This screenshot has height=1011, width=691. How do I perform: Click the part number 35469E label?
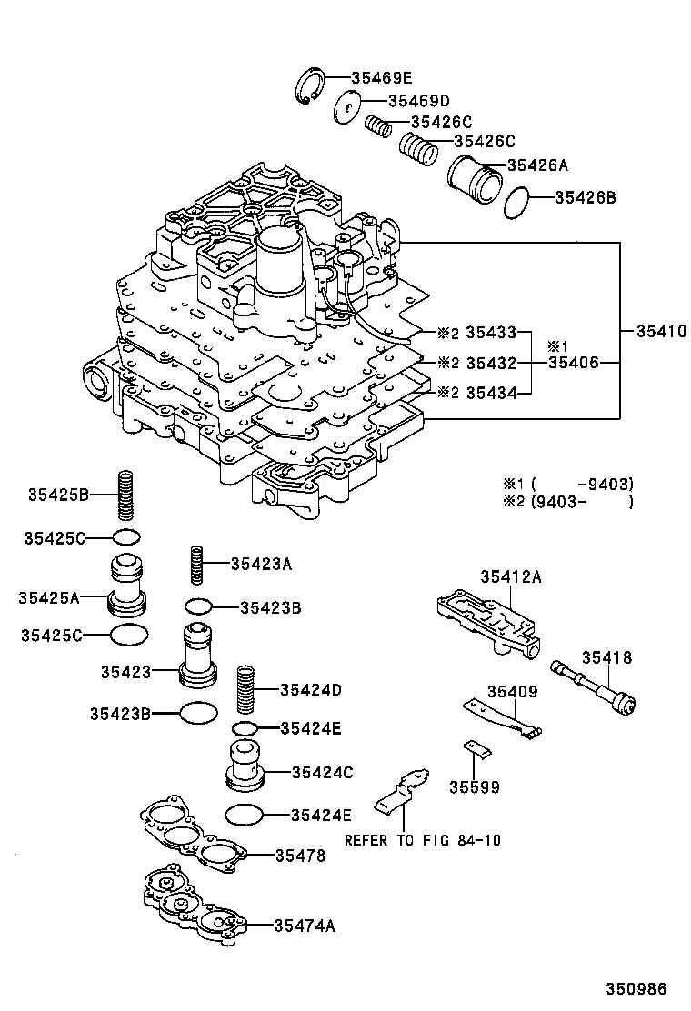[x=369, y=78]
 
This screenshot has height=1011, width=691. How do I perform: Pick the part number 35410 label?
[x=655, y=331]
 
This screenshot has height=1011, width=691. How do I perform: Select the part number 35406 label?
[x=572, y=363]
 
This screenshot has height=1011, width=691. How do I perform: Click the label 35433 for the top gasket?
[x=490, y=333]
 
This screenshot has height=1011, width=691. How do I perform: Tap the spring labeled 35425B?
[x=127, y=495]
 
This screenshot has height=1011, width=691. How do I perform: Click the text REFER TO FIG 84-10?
[x=422, y=840]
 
